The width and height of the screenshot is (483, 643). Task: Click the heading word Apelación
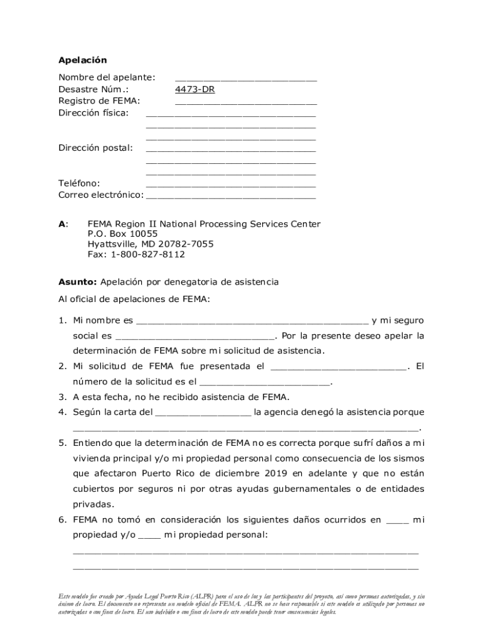83,60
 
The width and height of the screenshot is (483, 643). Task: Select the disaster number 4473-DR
194,89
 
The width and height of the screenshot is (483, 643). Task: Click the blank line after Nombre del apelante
245,78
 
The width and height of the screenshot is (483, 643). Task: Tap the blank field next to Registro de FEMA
245,102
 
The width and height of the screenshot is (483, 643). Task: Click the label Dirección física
93,113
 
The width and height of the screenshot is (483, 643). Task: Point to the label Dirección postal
95,148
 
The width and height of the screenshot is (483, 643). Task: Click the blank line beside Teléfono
230,185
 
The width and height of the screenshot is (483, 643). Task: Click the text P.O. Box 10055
122,234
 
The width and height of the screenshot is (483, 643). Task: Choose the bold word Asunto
77,283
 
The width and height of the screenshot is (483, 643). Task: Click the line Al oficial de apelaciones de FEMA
134,300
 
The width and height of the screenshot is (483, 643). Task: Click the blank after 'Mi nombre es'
252,322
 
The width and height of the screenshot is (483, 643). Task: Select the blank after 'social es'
195,337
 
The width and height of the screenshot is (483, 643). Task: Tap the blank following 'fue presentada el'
339,367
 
